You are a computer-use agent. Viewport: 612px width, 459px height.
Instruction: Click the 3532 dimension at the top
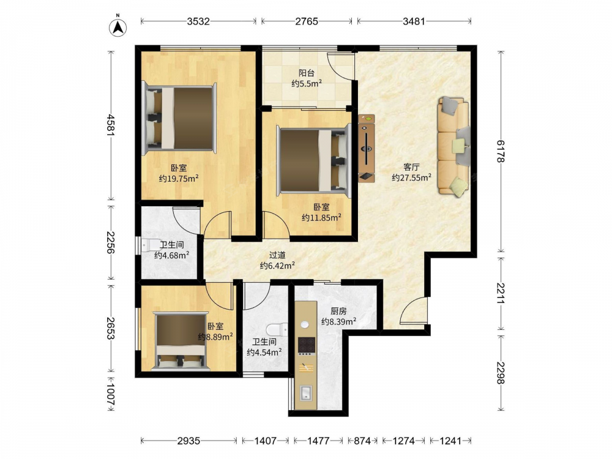pos(198,21)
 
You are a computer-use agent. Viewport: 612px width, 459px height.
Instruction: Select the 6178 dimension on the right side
pos(501,151)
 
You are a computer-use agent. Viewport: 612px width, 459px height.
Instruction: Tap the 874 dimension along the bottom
pos(362,441)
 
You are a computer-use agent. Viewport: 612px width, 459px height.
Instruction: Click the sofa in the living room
pos(453,146)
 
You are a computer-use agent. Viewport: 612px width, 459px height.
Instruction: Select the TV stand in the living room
pos(366,148)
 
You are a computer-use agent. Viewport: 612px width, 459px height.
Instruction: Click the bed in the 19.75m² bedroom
pos(179,118)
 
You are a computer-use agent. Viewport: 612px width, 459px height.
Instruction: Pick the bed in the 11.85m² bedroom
pos(313,160)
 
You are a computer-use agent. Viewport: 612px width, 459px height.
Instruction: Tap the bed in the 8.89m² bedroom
pos(181,340)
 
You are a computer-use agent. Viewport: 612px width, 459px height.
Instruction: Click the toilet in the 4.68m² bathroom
pos(151,245)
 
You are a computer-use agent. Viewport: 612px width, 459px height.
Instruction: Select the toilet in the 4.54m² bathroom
pos(277,330)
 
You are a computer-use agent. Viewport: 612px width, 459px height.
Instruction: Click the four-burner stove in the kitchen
pos(307,345)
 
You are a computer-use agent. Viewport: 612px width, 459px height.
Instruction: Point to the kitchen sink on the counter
pos(305,392)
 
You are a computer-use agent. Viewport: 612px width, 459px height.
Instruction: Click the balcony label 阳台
pos(307,73)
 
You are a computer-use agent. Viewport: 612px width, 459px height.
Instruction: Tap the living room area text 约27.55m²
pos(411,177)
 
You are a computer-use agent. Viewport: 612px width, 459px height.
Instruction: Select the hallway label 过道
pos(277,255)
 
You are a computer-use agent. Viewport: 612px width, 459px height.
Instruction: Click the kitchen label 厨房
pos(338,311)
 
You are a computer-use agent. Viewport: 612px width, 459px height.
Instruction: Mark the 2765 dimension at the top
pos(307,21)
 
